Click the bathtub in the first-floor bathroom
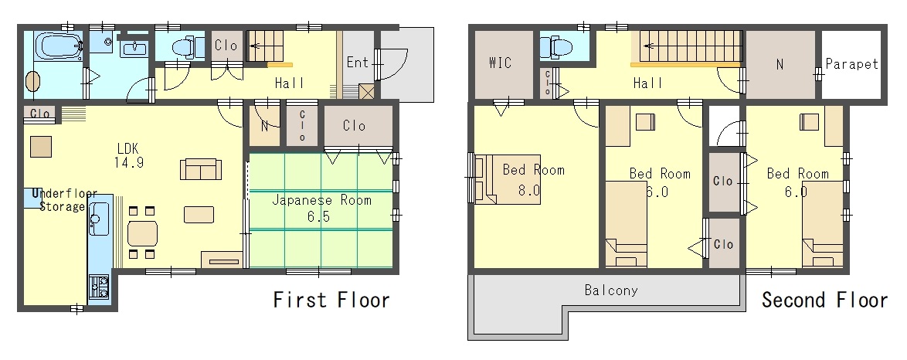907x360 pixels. [58, 46]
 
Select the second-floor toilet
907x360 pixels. [556, 47]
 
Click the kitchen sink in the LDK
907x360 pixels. [100, 219]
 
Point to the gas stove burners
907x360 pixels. [99, 286]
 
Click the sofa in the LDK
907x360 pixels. [201, 169]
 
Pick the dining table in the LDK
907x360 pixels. [142, 234]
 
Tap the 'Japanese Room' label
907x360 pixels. [321, 201]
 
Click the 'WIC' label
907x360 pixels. [501, 63]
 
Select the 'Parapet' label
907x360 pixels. [851, 63]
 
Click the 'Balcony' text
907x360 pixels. [611, 290]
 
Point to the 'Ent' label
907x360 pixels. [358, 62]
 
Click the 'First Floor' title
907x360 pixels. [331, 300]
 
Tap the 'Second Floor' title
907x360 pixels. [824, 300]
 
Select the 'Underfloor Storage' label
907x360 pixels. [63, 200]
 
